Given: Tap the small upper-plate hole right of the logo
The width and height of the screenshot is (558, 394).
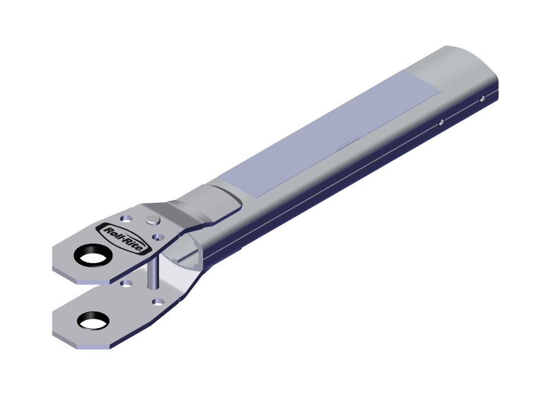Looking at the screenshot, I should [158, 237].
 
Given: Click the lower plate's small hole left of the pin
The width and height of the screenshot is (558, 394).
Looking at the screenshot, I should [127, 284].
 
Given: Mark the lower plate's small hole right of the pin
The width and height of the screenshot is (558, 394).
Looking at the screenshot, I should [158, 301].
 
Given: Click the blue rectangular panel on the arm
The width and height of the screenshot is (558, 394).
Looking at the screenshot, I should [329, 134].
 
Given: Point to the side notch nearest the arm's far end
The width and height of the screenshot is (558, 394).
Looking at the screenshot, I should [482, 99].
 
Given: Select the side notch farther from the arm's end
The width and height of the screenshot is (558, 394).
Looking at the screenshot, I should [440, 121].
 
